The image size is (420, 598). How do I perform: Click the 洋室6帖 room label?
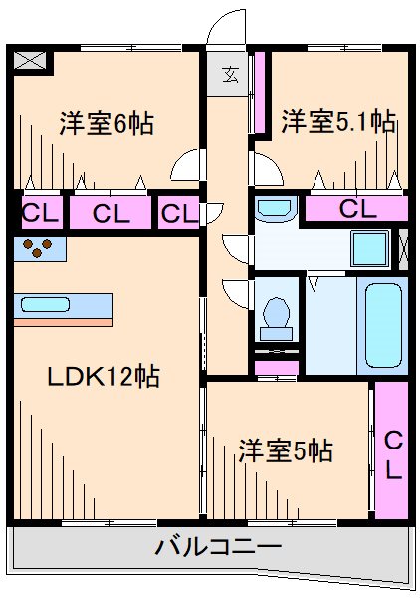click(105, 125)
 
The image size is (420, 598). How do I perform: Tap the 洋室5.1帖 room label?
click(338, 123)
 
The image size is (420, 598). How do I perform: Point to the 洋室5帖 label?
click(285, 450)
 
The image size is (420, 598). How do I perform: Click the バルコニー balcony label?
click(218, 547)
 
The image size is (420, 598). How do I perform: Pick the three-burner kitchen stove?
click(40, 249)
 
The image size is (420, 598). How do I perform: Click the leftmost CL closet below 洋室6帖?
click(39, 211)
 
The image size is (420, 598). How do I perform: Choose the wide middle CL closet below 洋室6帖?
click(108, 211)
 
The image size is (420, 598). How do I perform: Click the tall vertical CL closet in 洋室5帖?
click(392, 451)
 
